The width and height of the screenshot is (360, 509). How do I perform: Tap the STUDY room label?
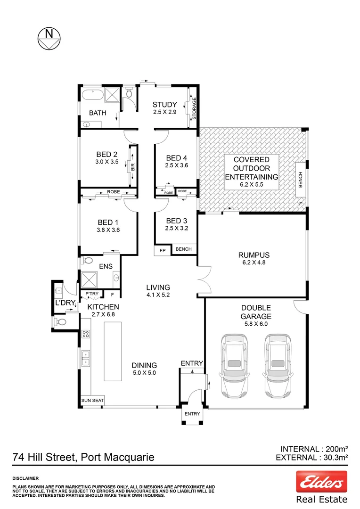164,105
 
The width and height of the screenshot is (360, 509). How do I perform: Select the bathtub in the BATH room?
92,97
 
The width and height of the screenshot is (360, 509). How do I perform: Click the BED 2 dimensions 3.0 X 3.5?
106,162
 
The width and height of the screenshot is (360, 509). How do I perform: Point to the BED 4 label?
176,158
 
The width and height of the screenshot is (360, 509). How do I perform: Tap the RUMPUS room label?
254,255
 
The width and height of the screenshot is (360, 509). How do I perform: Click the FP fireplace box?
163,250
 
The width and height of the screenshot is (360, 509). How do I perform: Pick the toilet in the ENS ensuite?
87,260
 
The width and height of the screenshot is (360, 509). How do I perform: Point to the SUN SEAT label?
91,400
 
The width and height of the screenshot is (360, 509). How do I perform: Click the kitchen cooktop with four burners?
86,334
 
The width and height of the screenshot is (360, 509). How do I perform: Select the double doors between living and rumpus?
205,281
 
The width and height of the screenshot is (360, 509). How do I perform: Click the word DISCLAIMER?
25,478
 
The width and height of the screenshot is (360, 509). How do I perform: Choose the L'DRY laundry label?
63,302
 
